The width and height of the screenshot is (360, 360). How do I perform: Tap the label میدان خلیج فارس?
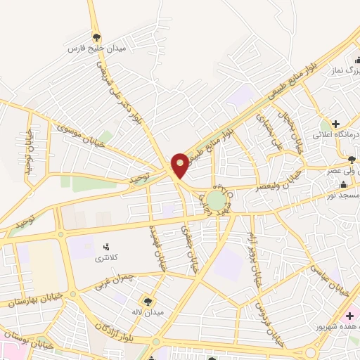[86, 49]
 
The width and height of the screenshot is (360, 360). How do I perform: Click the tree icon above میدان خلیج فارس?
[96, 37]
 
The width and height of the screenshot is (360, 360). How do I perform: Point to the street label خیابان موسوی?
[80, 131]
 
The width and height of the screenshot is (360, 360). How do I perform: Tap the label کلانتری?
[108, 258]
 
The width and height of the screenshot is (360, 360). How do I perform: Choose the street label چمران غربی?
[112, 278]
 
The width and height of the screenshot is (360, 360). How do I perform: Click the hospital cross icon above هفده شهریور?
[349, 316]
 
